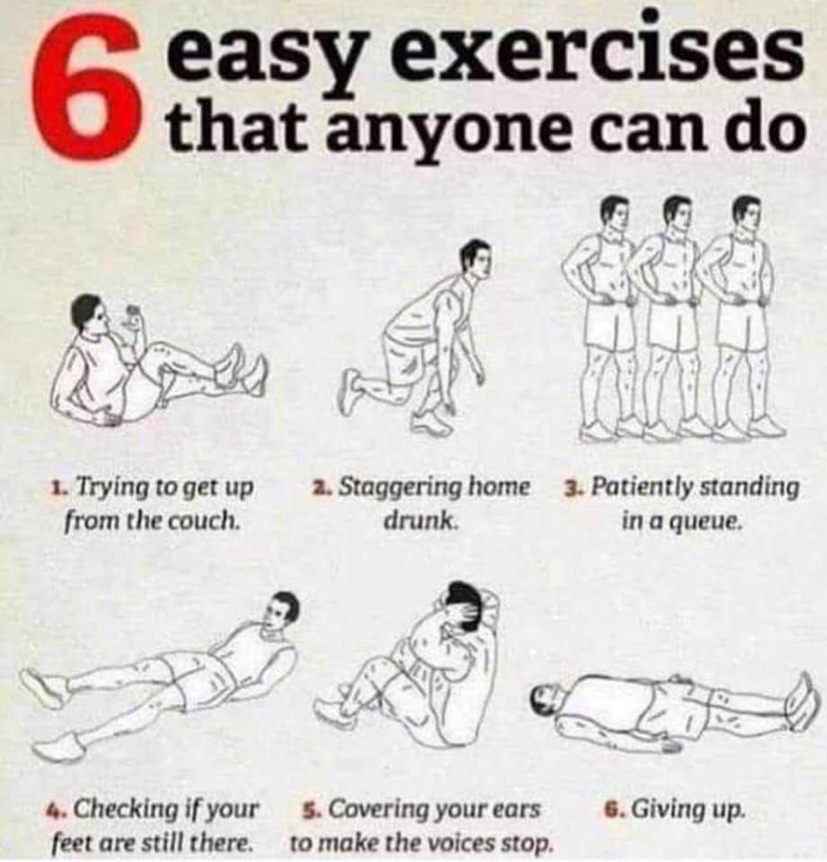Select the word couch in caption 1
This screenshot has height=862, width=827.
click(212, 520)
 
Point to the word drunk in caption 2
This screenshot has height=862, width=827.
click(421, 519)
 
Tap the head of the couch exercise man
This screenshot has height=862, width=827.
click(88, 314)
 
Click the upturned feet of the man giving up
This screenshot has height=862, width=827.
click(801, 700)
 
